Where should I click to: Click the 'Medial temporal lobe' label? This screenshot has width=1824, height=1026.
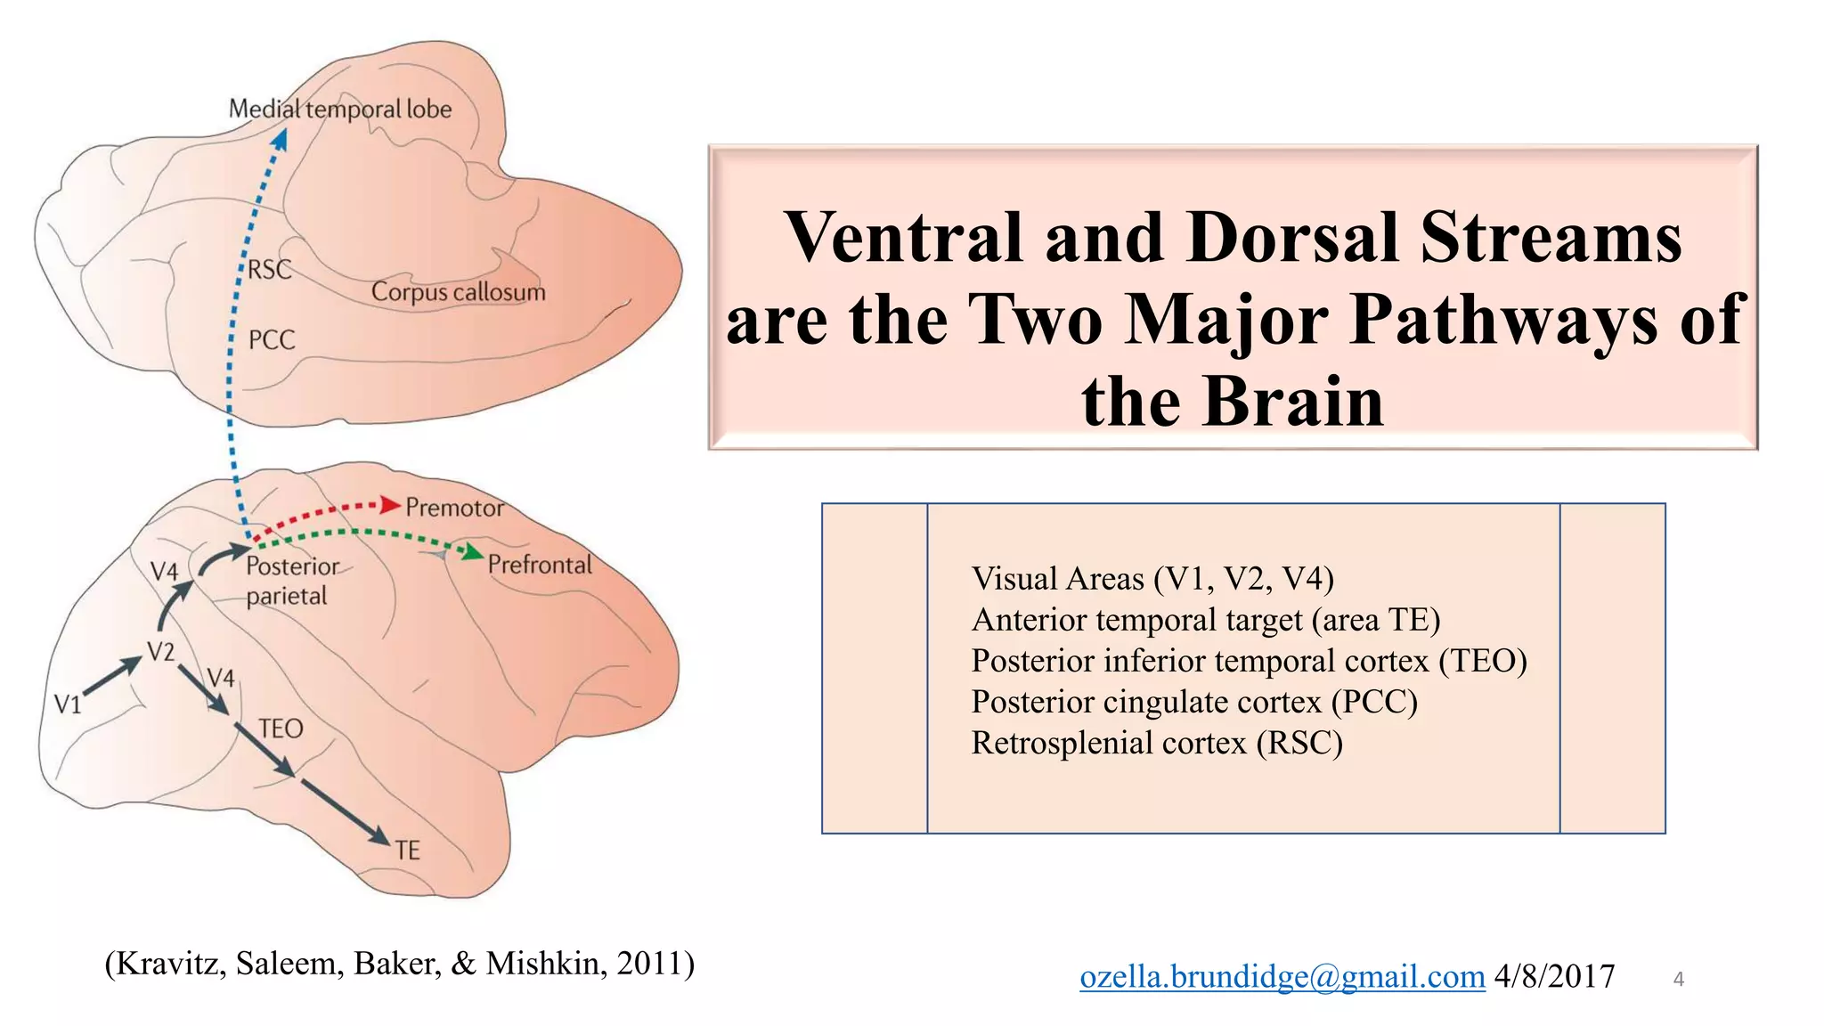(x=340, y=110)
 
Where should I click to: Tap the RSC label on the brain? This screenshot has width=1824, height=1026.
(x=270, y=269)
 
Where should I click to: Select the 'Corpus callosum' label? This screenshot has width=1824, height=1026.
(x=458, y=292)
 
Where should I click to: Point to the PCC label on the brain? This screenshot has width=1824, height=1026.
(x=272, y=340)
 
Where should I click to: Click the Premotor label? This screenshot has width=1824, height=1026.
(x=454, y=508)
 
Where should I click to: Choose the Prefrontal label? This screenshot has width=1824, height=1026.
(x=540, y=565)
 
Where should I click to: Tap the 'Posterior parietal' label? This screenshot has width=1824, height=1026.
(x=291, y=581)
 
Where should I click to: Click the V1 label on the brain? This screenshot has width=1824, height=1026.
(x=68, y=705)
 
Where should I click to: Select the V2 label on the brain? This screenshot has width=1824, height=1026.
(x=161, y=652)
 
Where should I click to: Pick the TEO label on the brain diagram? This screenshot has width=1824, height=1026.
(x=281, y=729)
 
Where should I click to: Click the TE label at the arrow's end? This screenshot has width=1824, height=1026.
(x=408, y=851)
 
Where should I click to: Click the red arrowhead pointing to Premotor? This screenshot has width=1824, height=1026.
(x=390, y=505)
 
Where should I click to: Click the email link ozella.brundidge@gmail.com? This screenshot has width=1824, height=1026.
(x=1282, y=977)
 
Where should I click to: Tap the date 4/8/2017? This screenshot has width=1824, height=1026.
(x=1554, y=977)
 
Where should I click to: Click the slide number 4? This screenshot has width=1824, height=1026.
(x=1679, y=980)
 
